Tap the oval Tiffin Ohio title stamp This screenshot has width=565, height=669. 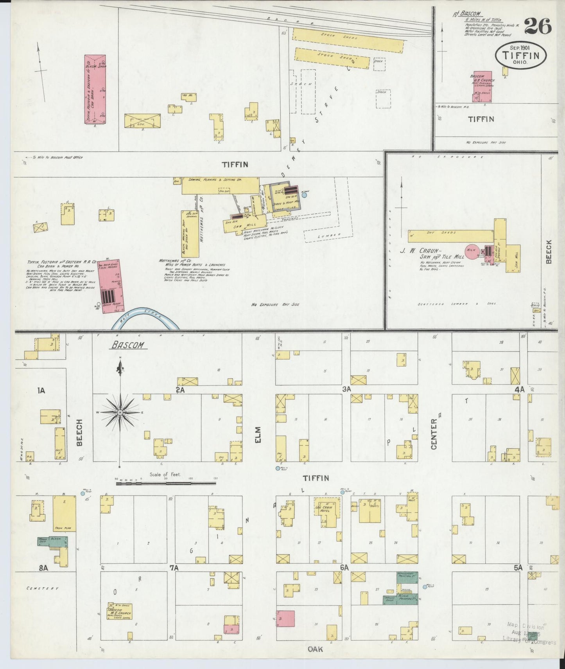pyautogui.click(x=521, y=55)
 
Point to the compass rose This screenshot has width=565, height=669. pyautogui.click(x=120, y=412)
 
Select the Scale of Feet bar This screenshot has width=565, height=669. pyautogui.click(x=166, y=484)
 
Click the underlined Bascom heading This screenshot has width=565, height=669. pyautogui.click(x=128, y=345)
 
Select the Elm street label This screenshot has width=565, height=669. pyautogui.click(x=257, y=435)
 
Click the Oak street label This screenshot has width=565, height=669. pyautogui.click(x=315, y=649)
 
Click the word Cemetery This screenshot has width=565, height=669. pyautogui.click(x=43, y=588)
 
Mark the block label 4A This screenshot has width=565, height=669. pyautogui.click(x=519, y=389)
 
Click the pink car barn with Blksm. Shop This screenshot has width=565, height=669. pyautogui.click(x=95, y=89)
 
